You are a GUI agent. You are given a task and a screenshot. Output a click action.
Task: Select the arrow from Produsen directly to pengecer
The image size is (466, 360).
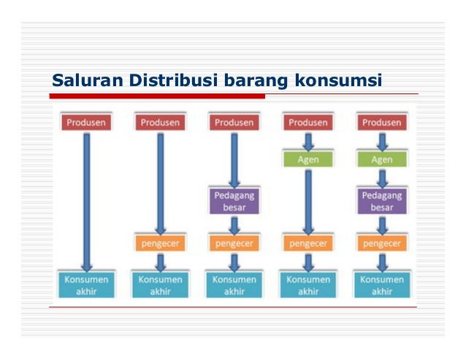[x=160, y=183]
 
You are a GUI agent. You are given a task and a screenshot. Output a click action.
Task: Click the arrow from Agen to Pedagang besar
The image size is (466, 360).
[x=381, y=177]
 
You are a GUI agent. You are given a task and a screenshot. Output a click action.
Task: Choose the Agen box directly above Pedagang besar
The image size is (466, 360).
[x=381, y=159]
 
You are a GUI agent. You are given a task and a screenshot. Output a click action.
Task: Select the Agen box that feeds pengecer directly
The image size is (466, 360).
[x=308, y=158]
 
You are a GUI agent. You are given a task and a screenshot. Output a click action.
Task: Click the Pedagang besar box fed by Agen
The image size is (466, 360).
[x=381, y=201]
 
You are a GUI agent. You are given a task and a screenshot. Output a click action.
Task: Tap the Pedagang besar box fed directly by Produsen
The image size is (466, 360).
[x=234, y=201]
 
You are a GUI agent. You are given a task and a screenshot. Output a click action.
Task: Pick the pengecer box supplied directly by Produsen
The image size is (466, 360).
[x=160, y=242]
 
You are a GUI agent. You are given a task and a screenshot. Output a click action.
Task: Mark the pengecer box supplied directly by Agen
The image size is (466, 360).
[x=308, y=242]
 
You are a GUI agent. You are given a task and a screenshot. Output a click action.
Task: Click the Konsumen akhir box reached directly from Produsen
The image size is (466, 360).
[x=86, y=285]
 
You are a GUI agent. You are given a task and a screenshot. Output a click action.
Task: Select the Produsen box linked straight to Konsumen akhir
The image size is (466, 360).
[x=86, y=123]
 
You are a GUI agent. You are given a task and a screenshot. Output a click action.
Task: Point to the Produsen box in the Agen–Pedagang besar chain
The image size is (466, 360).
[x=381, y=123]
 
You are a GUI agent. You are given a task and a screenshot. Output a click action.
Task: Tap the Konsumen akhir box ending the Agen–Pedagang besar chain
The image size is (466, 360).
[x=381, y=285]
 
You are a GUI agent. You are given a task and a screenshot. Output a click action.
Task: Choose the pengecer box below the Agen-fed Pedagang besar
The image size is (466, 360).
[x=381, y=242]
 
